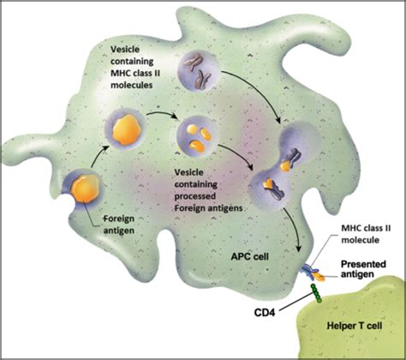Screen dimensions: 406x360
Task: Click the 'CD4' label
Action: click(265, 313)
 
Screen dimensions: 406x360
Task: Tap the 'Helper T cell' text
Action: click(355, 326)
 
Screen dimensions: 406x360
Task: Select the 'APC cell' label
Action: click(249, 256)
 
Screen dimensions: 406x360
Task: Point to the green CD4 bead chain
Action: click(316, 293)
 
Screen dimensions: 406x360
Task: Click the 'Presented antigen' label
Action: click(363, 269)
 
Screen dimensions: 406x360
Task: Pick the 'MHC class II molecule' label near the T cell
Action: click(366, 234)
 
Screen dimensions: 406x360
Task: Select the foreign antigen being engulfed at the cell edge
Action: click(85, 189)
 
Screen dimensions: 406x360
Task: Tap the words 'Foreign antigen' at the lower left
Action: click(118, 225)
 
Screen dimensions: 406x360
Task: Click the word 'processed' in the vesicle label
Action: click(195, 196)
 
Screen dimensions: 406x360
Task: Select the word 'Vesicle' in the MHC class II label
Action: click(125, 50)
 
